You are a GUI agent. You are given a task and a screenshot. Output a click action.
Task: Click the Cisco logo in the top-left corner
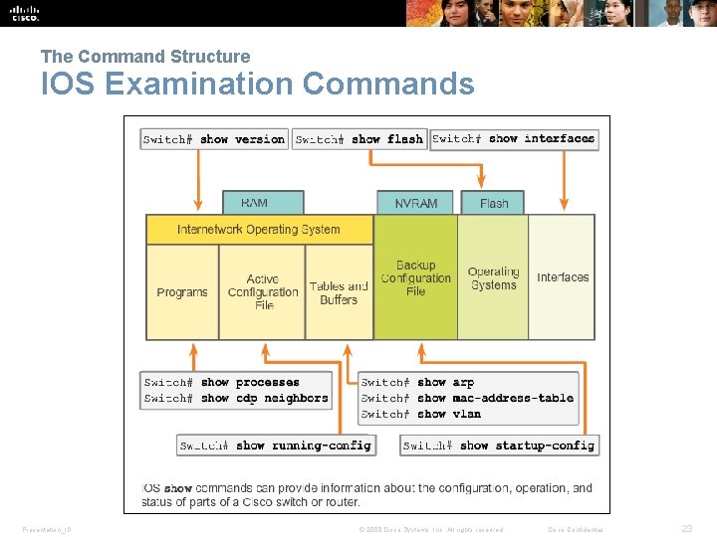pyautogui.click(x=25, y=13)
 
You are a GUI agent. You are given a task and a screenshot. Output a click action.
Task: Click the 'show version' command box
pyautogui.click(x=214, y=139)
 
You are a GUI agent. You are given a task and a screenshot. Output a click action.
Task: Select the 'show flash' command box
pyautogui.click(x=359, y=139)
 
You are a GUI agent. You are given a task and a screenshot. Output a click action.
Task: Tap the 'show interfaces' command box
pyautogui.click(x=514, y=139)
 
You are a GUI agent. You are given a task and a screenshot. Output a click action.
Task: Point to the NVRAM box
pyautogui.click(x=415, y=203)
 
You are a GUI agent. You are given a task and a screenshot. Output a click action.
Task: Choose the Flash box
pyautogui.click(x=494, y=203)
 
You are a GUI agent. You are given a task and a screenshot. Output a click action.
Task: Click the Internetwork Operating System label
pyautogui.click(x=259, y=230)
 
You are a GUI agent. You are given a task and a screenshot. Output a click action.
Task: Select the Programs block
pyautogui.click(x=182, y=292)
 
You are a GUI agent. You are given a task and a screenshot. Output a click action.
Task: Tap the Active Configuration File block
pyautogui.click(x=263, y=292)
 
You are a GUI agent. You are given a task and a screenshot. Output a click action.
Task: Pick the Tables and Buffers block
pyautogui.click(x=339, y=292)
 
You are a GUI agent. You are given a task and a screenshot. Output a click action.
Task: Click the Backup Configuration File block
pyautogui.click(x=415, y=278)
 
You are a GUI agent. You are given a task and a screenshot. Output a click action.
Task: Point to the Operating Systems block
pyautogui.click(x=493, y=278)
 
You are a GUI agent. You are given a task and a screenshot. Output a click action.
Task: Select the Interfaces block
pyautogui.click(x=563, y=277)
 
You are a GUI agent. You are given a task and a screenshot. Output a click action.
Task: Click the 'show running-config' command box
pyautogui.click(x=276, y=446)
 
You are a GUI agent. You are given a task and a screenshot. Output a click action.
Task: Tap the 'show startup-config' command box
pyautogui.click(x=499, y=446)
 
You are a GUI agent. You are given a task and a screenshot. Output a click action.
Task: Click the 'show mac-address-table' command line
pyautogui.click(x=468, y=398)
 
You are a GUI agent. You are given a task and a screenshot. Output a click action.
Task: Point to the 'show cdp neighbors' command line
pyautogui.click(x=236, y=398)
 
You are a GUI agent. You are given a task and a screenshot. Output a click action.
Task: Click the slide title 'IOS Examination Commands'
pyautogui.click(x=257, y=85)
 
